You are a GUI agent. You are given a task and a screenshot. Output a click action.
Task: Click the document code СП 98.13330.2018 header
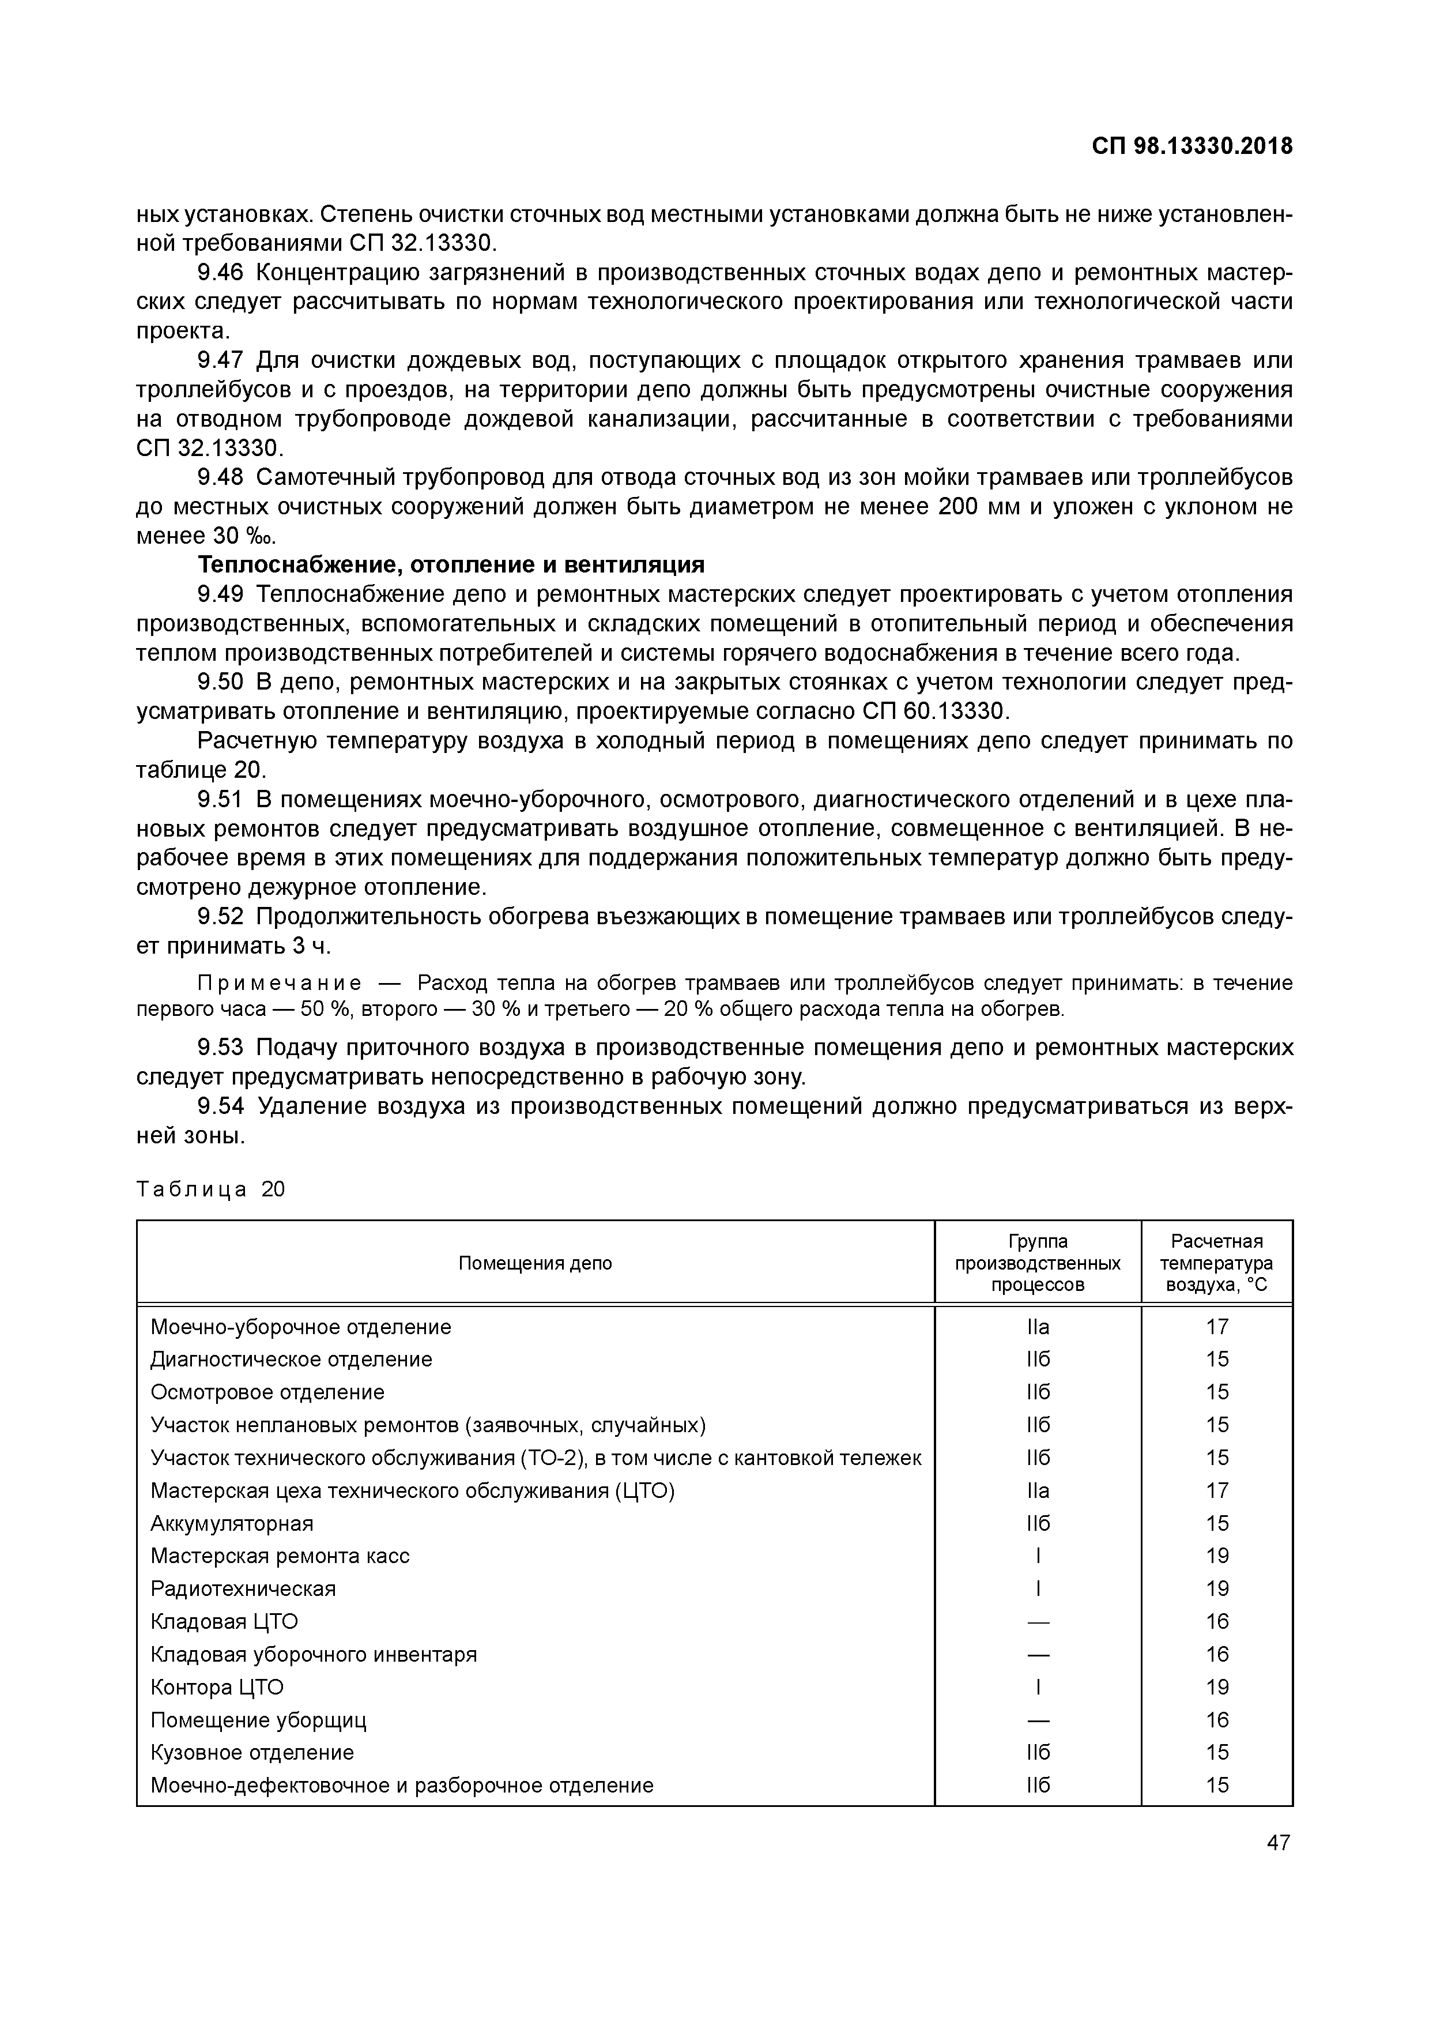(1192, 146)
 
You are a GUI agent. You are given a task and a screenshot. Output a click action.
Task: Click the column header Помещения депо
(536, 1263)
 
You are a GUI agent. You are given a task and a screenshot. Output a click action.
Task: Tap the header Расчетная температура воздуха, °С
(1217, 1263)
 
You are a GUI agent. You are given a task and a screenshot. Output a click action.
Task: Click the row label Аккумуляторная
(232, 1523)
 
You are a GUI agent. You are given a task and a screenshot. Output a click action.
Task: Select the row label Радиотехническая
(243, 1589)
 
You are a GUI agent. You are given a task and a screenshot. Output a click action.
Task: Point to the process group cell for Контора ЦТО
(1038, 1688)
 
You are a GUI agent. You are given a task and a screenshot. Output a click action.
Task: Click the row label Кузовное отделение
(252, 1753)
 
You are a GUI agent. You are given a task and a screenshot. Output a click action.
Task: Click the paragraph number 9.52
(220, 917)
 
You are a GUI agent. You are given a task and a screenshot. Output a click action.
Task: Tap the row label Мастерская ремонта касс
(280, 1556)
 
